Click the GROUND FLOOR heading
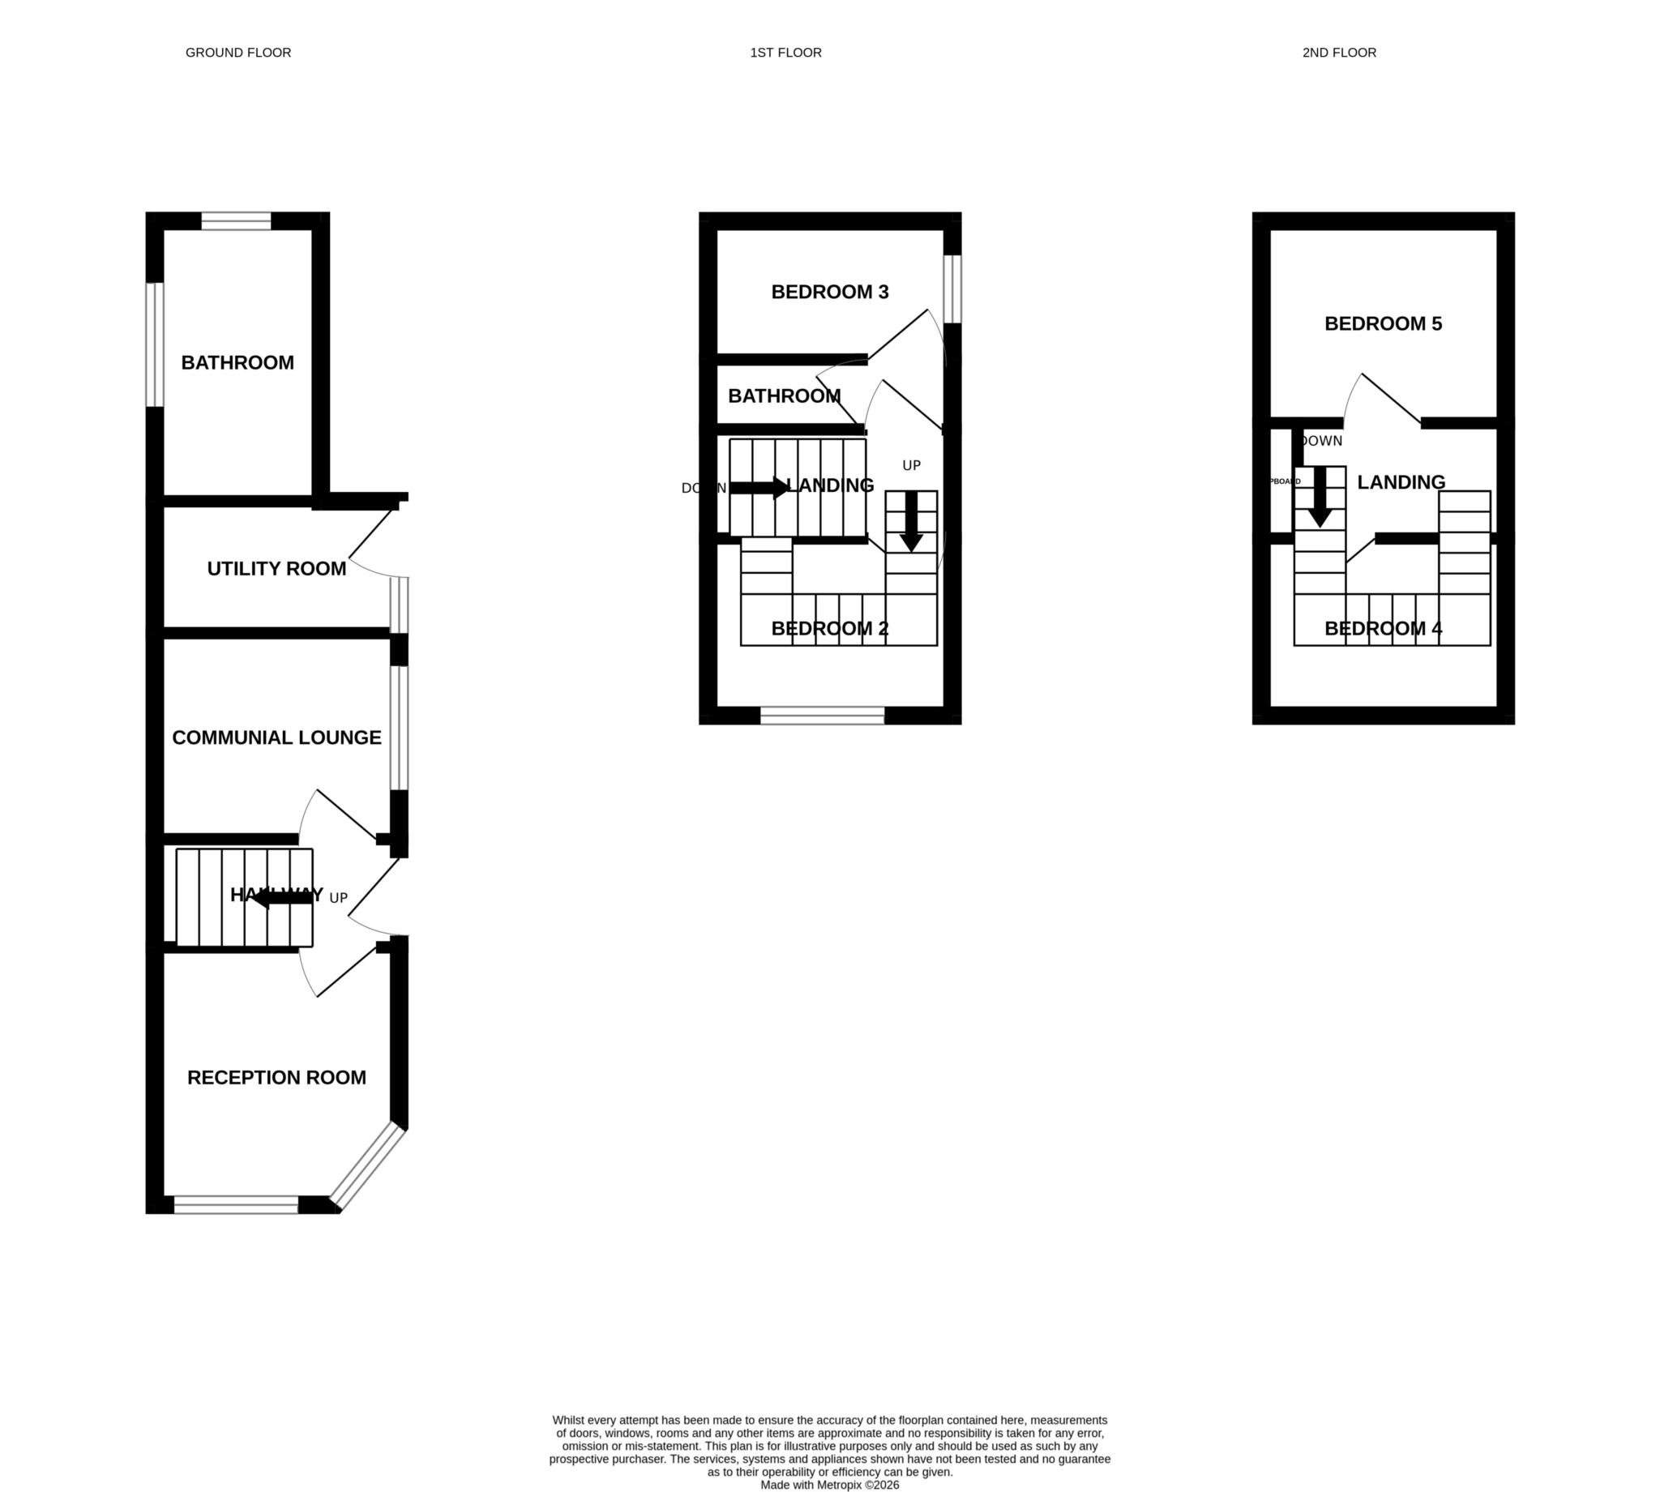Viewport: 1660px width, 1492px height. [x=237, y=53]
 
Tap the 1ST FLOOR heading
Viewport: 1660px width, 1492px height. [x=785, y=53]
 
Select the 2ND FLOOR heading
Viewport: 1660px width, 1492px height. [x=1339, y=53]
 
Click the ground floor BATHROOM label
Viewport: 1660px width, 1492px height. [x=237, y=362]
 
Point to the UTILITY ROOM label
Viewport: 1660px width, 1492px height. [x=276, y=568]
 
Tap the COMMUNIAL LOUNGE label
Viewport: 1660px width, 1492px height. [x=276, y=737]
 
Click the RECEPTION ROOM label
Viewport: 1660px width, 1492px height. [x=276, y=1077]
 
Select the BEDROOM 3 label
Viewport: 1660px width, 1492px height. [x=829, y=292]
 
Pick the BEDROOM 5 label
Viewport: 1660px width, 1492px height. [x=1383, y=324]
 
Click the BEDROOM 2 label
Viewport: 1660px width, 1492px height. [x=829, y=629]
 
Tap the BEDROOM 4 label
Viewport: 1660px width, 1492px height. [x=1383, y=629]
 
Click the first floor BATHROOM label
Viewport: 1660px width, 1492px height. [x=784, y=396]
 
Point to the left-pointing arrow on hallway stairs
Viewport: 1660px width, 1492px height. [x=282, y=899]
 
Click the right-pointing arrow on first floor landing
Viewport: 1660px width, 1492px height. [x=759, y=488]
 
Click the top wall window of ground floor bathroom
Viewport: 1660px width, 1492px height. [x=236, y=220]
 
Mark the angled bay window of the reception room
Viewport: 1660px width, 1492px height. [x=368, y=1167]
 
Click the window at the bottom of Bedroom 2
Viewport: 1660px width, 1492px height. [x=822, y=716]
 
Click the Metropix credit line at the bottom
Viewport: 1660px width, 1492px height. [x=829, y=1485]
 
